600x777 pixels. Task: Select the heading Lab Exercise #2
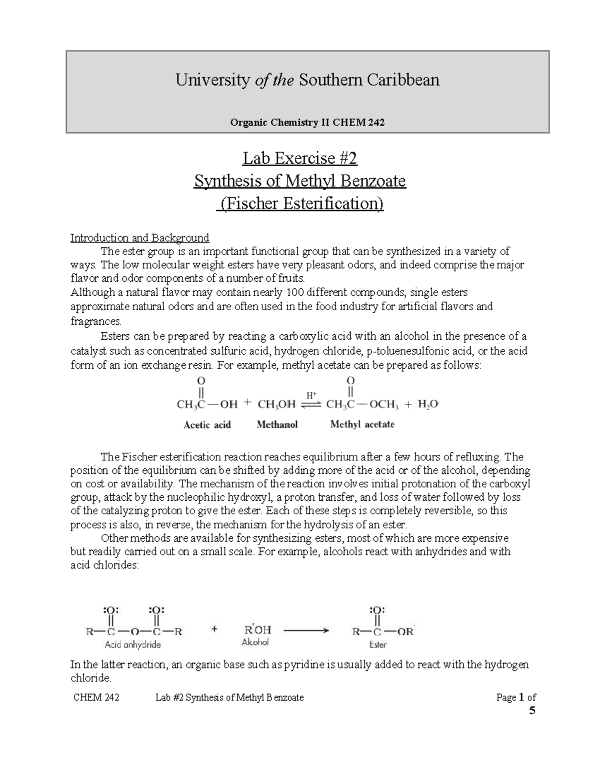point(300,159)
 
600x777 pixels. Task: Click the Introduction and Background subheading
point(139,238)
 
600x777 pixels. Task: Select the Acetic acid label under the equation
point(207,425)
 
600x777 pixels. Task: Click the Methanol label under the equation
point(277,424)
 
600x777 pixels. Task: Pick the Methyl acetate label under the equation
point(362,424)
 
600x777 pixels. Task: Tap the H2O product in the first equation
point(428,404)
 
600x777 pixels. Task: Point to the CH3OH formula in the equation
point(276,404)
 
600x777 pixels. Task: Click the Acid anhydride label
point(132,645)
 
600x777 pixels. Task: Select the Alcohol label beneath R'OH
point(255,642)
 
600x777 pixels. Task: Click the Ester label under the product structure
point(378,645)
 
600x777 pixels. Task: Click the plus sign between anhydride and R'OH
point(214,630)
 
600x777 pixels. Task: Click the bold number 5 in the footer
point(532,710)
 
